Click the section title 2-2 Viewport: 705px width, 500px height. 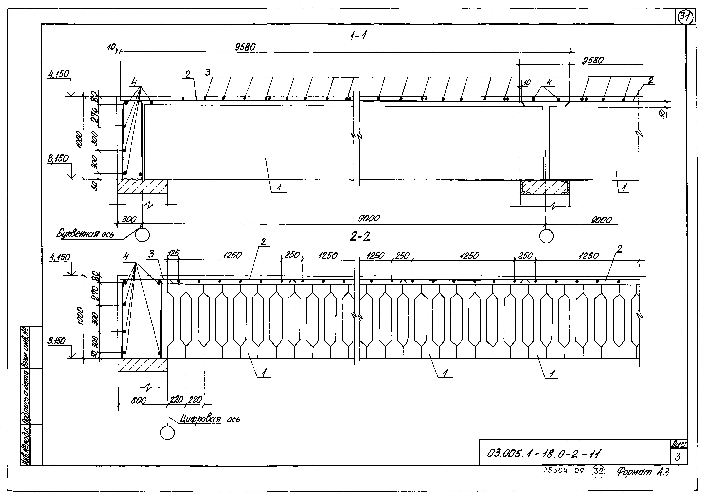360,236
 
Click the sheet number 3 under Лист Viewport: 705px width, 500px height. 678,457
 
